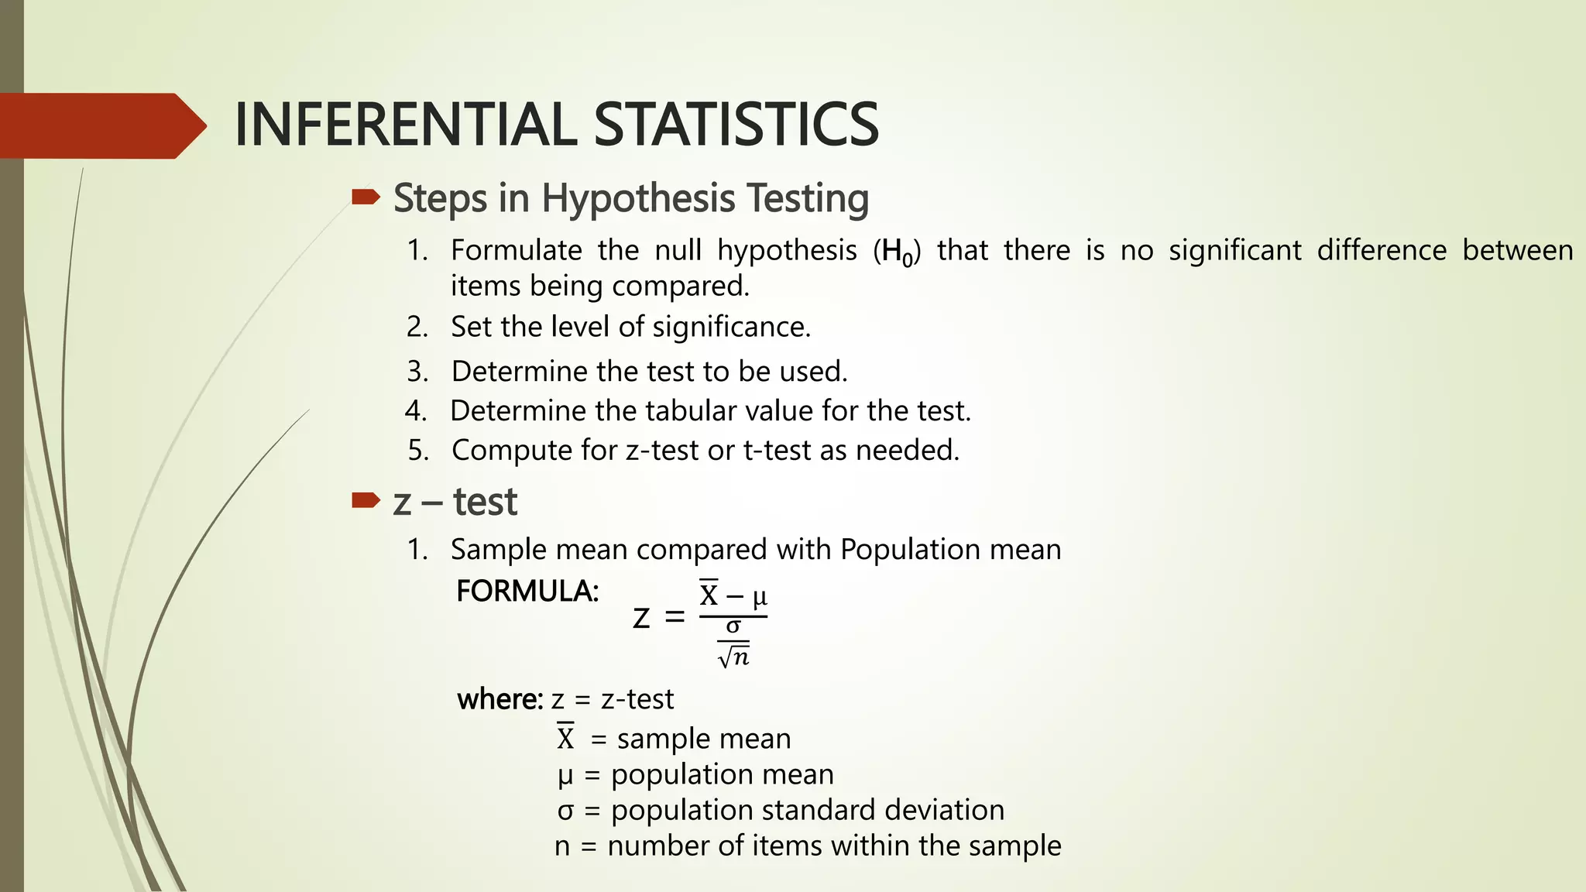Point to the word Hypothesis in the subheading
click(x=637, y=198)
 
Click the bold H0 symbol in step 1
click(x=898, y=252)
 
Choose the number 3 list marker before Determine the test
click(x=417, y=372)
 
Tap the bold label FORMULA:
click(x=527, y=592)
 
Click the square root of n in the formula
click(x=733, y=657)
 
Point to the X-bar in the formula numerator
click(x=709, y=594)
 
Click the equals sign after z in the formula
click(x=675, y=617)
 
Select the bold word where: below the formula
click(x=499, y=699)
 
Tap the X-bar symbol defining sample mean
click(x=565, y=737)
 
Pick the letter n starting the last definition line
click(x=562, y=846)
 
